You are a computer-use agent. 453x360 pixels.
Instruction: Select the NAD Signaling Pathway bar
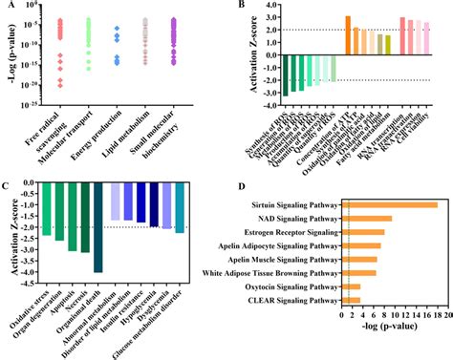coord(367,218)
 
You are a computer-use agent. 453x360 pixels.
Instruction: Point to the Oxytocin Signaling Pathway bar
coord(351,286)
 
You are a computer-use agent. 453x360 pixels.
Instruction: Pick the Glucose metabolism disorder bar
coord(180,209)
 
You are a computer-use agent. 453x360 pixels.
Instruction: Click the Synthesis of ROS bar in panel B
coord(285,74)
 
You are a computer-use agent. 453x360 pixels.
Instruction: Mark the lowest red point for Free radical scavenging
coord(59,85)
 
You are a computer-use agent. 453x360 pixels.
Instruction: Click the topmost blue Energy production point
coord(116,30)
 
